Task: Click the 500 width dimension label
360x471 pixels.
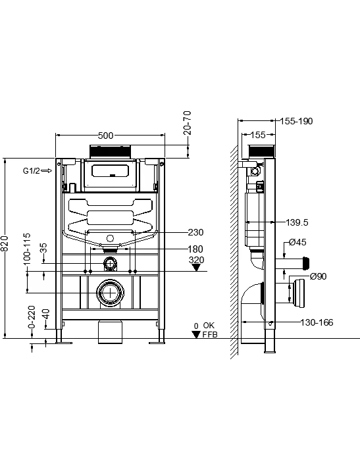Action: coord(106,136)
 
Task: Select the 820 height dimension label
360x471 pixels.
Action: coord(5,243)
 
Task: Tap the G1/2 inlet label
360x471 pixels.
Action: coord(31,171)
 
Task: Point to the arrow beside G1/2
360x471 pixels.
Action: coord(47,171)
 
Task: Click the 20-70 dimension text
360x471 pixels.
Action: coord(187,122)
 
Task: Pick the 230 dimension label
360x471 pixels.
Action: coord(195,232)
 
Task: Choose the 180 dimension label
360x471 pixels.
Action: coord(195,249)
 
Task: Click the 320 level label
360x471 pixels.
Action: coord(197,260)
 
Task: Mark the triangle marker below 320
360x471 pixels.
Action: coord(197,268)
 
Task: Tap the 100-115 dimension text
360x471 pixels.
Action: coord(27,249)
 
